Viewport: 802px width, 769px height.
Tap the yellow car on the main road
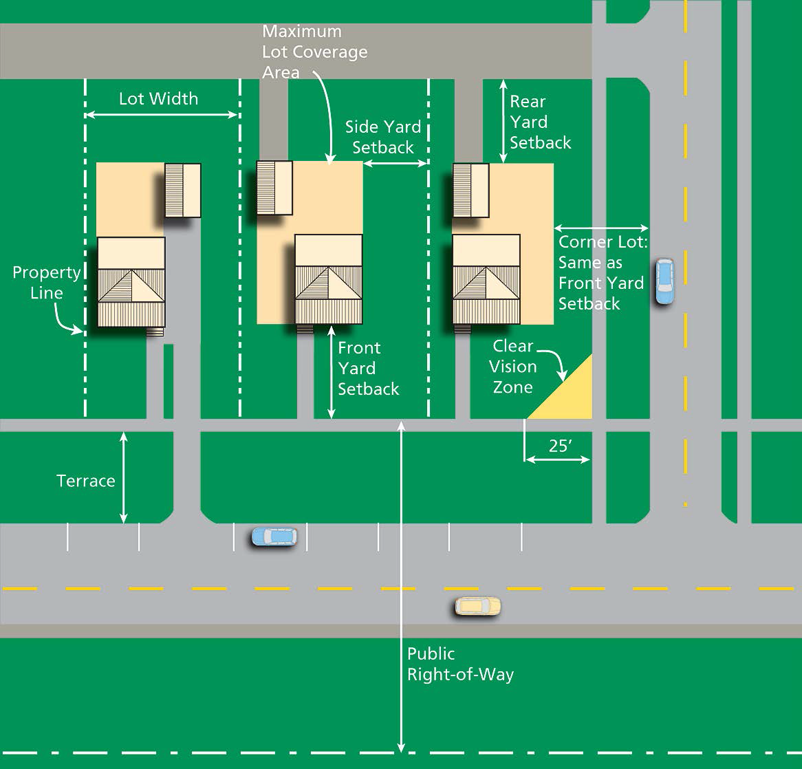click(x=478, y=606)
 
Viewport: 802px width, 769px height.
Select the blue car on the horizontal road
click(x=274, y=537)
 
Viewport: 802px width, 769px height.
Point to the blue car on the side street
click(x=664, y=281)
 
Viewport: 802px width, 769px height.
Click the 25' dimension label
click(x=560, y=446)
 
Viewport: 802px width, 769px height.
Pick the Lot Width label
click(x=159, y=99)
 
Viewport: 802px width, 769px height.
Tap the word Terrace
click(x=86, y=481)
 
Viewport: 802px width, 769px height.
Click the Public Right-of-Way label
click(x=460, y=664)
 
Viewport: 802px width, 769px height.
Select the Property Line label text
click(x=47, y=283)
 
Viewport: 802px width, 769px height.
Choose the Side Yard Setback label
click(x=383, y=137)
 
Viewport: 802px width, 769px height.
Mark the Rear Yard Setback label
click(x=540, y=122)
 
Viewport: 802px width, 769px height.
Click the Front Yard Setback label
click(x=368, y=369)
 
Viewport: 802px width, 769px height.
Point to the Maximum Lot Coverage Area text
click(x=314, y=52)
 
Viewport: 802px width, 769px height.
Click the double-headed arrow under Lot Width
click(x=162, y=115)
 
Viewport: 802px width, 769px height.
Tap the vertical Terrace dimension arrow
click(x=123, y=477)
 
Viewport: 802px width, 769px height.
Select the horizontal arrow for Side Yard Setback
click(x=395, y=164)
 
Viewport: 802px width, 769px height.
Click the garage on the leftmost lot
click(x=182, y=191)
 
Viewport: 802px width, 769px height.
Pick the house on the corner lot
click(x=486, y=279)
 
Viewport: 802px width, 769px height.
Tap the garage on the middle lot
click(x=274, y=188)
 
